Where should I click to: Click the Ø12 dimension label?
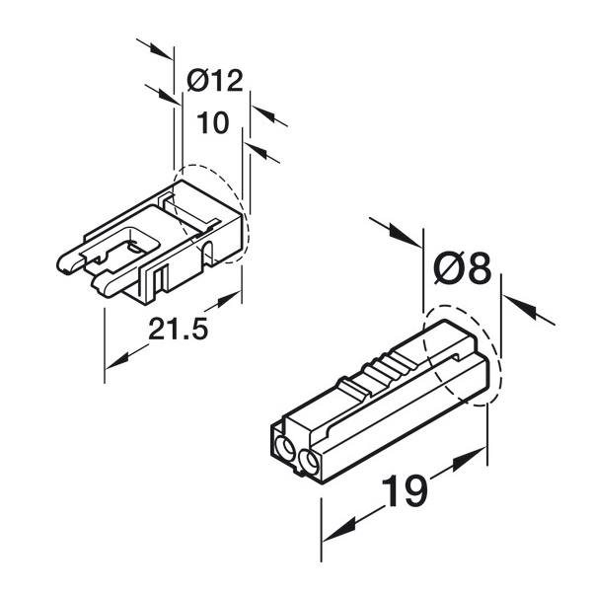(215, 81)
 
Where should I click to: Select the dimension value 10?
(212, 122)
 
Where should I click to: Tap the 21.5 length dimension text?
(178, 329)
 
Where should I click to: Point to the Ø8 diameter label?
(464, 269)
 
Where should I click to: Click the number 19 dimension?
(405, 490)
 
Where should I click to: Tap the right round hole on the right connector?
(310, 461)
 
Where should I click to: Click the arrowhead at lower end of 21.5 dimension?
(117, 361)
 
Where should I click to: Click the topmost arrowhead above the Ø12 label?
(160, 52)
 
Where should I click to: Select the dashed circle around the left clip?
(211, 214)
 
